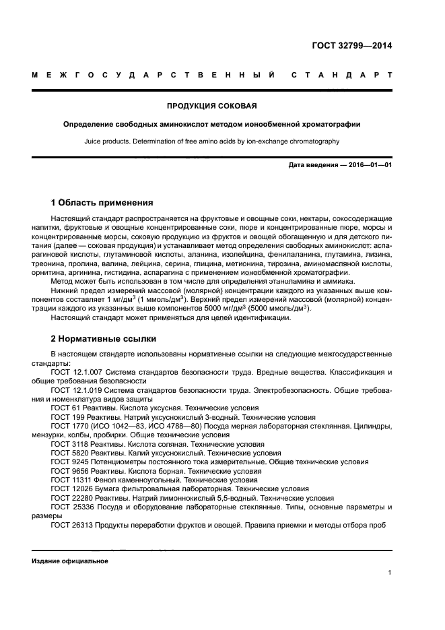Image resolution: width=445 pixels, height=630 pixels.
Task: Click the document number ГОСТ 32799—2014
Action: (x=351, y=46)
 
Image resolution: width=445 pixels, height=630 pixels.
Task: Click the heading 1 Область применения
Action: (x=102, y=202)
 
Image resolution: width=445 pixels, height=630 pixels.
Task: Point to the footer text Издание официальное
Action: (x=69, y=561)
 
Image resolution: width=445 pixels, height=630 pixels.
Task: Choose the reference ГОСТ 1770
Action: (x=67, y=427)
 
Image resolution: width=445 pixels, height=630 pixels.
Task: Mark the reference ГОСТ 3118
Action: (x=67, y=445)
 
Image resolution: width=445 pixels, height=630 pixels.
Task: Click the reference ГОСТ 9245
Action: (x=67, y=462)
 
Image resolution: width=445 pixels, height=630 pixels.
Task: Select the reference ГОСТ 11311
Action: (x=69, y=480)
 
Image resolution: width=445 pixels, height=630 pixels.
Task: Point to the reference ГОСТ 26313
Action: (x=69, y=525)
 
